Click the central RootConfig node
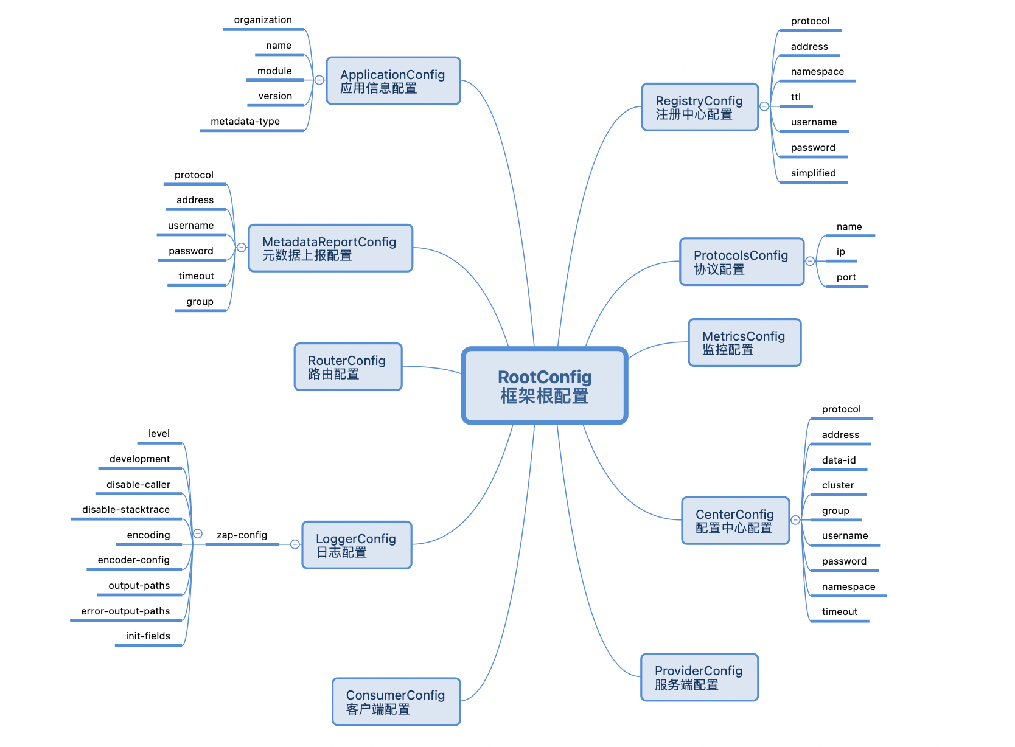[x=545, y=386]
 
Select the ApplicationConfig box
[x=393, y=81]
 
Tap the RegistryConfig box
[x=700, y=107]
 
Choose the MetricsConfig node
[x=744, y=342]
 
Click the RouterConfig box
[x=347, y=367]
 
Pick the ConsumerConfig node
[x=396, y=701]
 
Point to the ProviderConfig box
[x=699, y=677]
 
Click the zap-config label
[x=242, y=535]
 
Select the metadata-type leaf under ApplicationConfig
[x=245, y=122]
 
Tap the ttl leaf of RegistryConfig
[x=795, y=97]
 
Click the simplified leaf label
[x=813, y=173]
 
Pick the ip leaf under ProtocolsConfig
[x=840, y=252]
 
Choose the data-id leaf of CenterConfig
[x=839, y=460]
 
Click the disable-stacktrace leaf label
[x=126, y=510]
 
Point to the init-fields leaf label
[x=148, y=636]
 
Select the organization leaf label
[x=263, y=20]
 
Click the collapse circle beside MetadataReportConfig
[x=242, y=248]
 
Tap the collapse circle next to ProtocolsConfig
[x=810, y=261]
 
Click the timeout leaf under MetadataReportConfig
[x=196, y=276]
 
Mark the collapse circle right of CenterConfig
[x=795, y=520]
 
